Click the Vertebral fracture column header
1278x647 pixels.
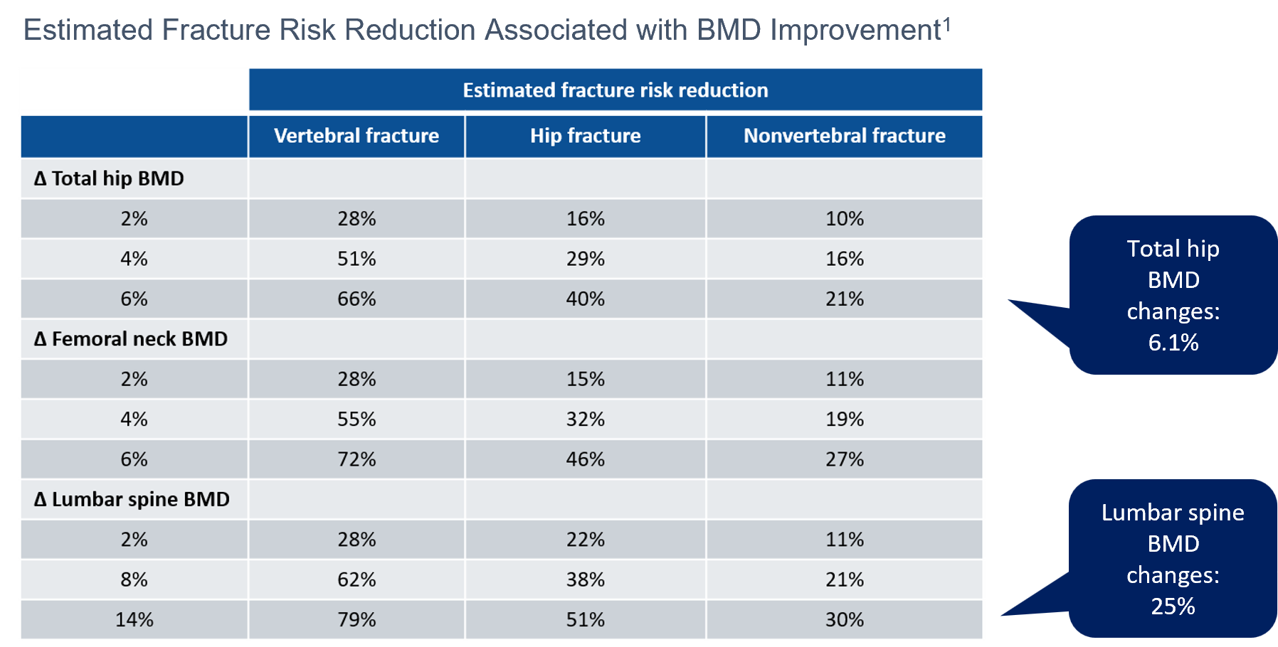coord(357,136)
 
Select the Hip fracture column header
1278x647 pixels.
coord(585,136)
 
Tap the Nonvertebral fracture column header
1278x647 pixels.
coord(845,136)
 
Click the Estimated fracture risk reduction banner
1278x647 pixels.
coord(616,90)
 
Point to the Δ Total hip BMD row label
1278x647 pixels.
coord(109,178)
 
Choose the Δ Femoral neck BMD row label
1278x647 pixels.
coord(131,339)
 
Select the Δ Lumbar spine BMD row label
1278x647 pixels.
coord(132,499)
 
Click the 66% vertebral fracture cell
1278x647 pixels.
coord(357,299)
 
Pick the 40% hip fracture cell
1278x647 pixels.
coord(585,299)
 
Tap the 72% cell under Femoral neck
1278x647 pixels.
coord(357,459)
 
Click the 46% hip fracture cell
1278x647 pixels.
coord(585,459)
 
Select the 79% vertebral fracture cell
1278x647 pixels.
coord(357,620)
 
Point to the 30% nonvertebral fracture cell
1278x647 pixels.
coord(845,620)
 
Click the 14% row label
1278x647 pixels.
coord(134,620)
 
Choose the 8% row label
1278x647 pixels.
coord(134,579)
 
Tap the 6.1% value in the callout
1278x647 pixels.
coord(1173,343)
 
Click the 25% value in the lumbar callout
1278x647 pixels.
coord(1173,606)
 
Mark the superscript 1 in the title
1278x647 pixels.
coord(946,24)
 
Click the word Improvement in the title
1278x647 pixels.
coord(855,31)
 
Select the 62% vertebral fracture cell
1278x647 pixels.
coord(357,579)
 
